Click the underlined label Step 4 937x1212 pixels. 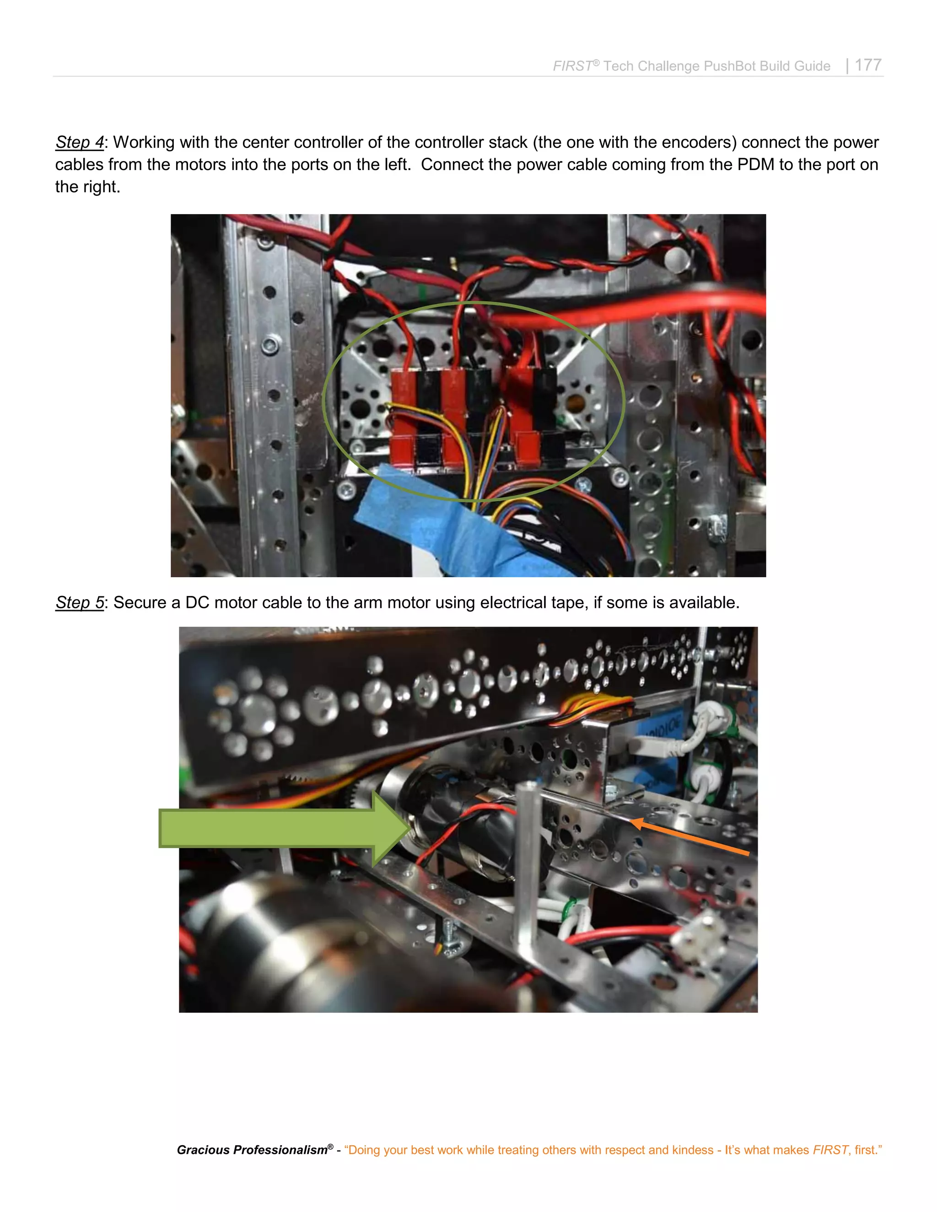[x=79, y=142]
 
